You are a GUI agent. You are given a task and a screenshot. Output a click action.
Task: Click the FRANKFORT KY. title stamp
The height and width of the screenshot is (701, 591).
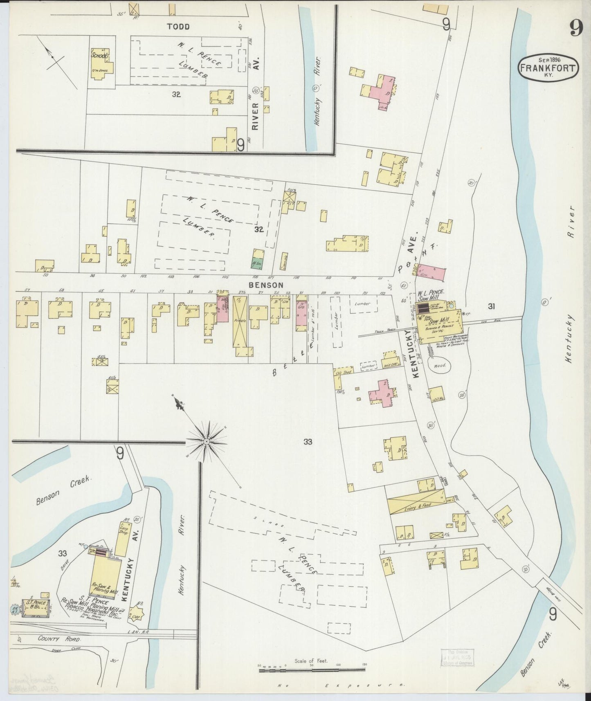(x=548, y=67)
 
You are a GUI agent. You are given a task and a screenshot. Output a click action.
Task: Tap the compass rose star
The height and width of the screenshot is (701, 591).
(x=207, y=441)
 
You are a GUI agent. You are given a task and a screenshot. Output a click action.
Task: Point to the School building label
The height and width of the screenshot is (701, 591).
(x=99, y=56)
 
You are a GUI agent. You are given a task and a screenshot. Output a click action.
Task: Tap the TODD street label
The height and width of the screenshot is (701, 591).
(x=178, y=27)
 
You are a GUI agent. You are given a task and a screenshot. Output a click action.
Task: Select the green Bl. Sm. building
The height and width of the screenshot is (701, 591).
(x=257, y=258)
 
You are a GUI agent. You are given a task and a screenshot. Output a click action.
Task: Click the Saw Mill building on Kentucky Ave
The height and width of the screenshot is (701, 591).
(x=439, y=324)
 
